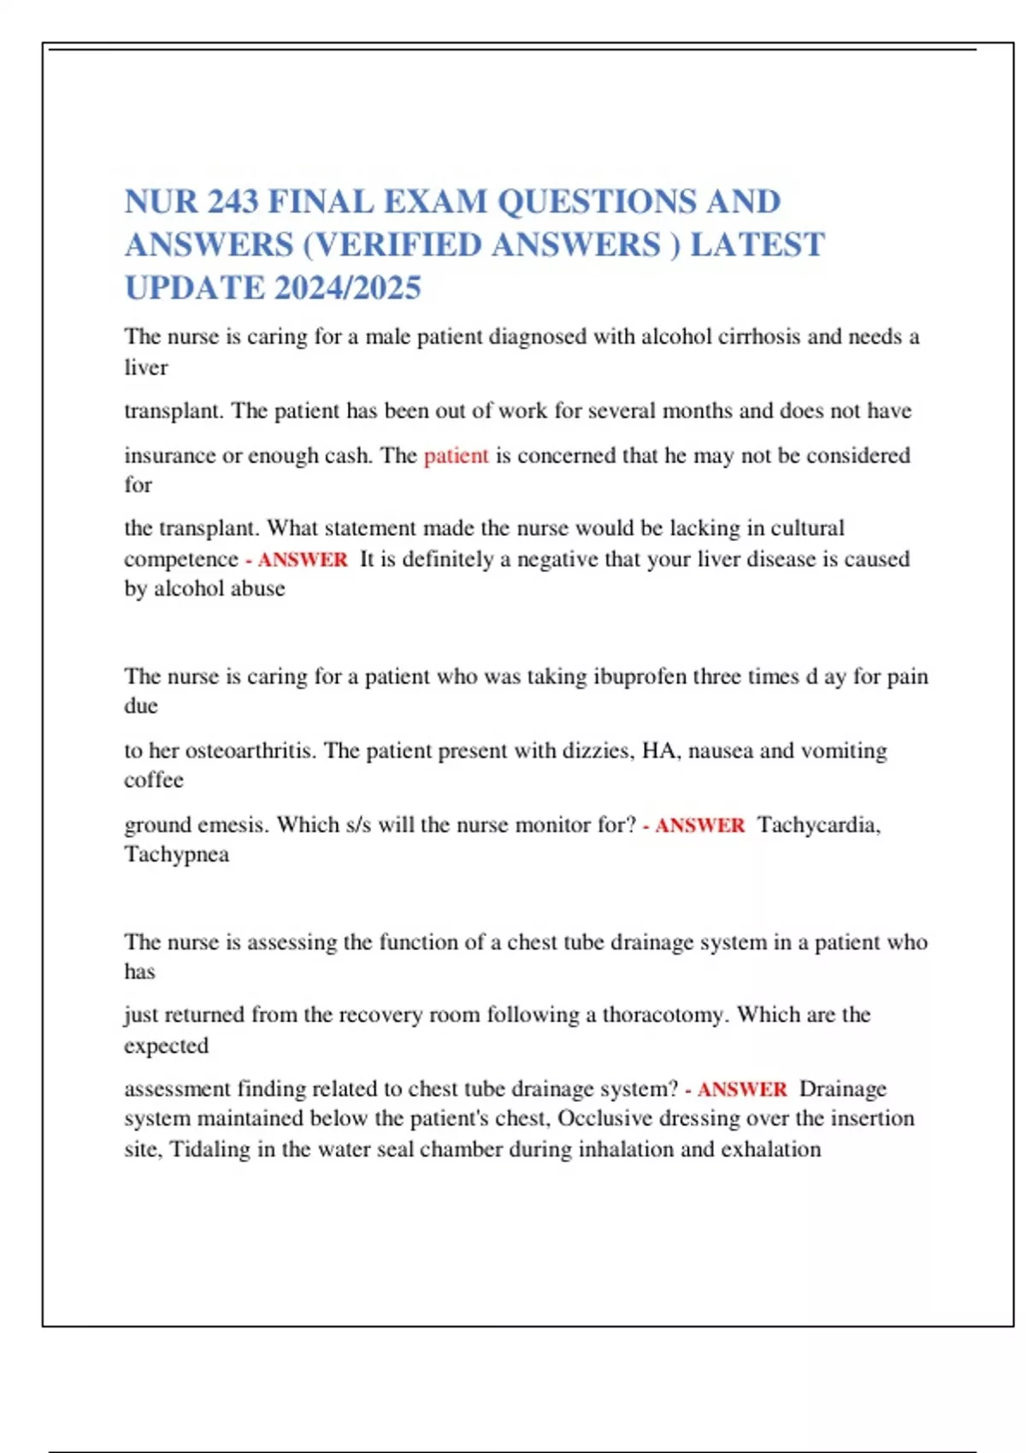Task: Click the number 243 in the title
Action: click(x=233, y=203)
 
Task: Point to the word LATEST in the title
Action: click(x=757, y=245)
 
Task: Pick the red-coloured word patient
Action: click(x=456, y=456)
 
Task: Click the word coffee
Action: click(x=154, y=780)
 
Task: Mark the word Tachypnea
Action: click(x=176, y=855)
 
